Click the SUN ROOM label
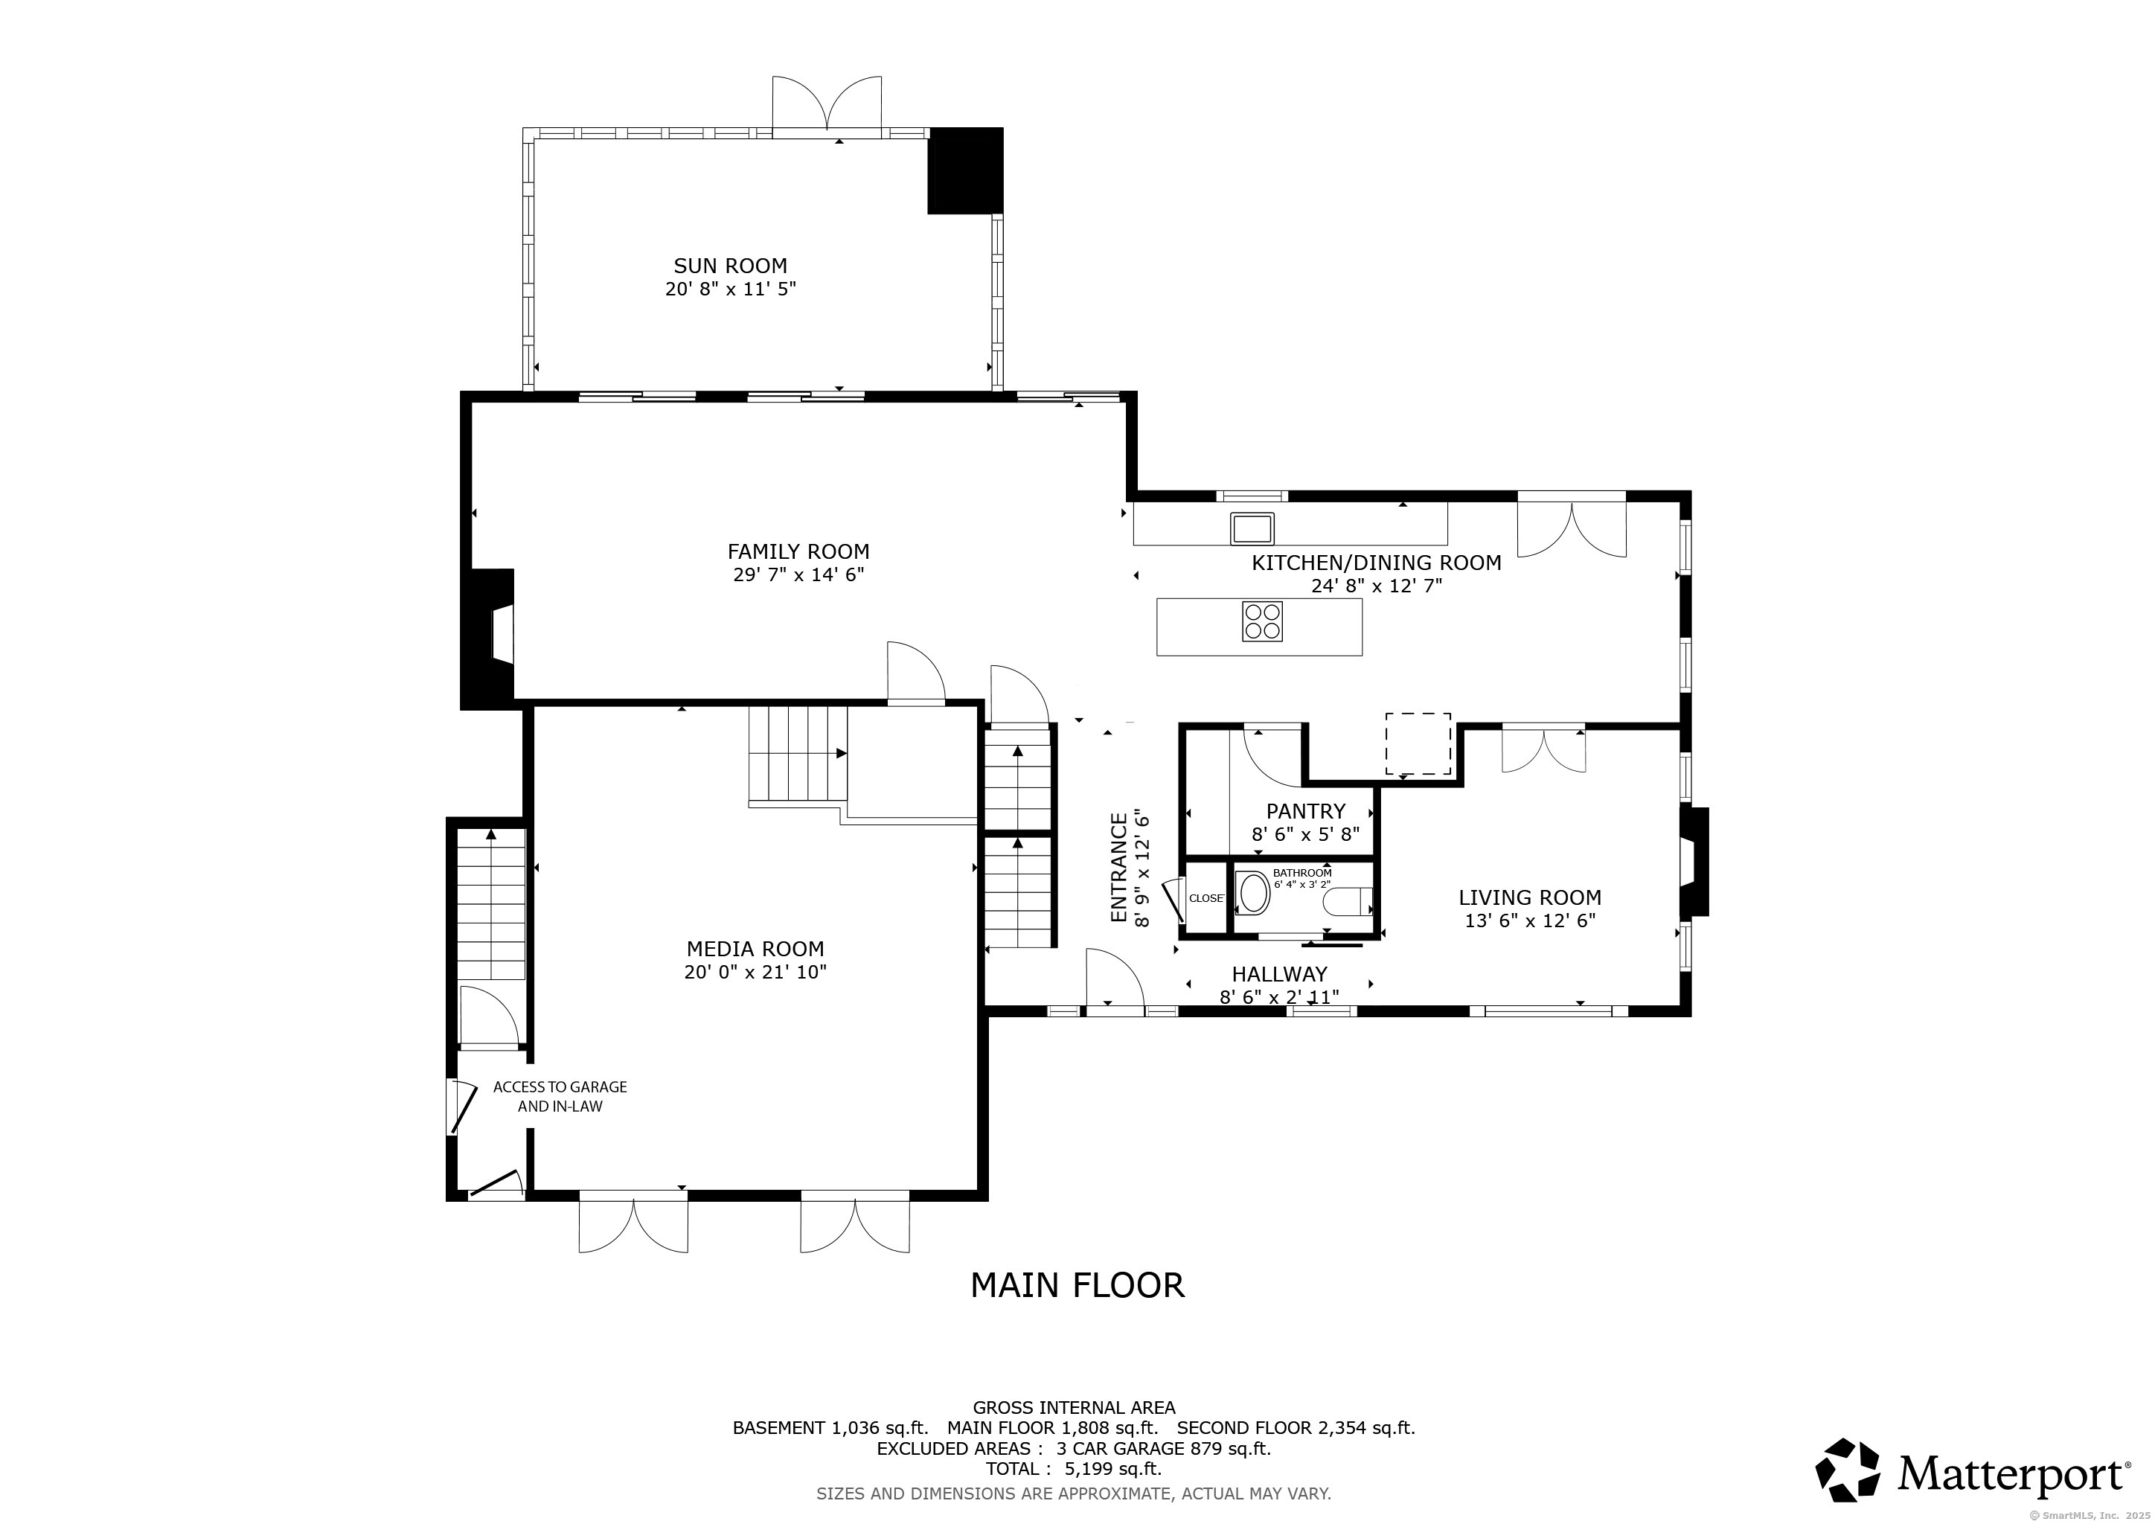coord(730,266)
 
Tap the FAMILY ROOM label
coord(798,552)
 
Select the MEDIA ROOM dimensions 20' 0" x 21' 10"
coord(755,972)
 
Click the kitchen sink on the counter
coord(1252,528)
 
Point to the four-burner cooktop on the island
coord(1262,621)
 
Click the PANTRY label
coord(1306,811)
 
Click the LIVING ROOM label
coord(1530,897)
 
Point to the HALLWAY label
coord(1279,974)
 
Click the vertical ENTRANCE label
coord(1118,868)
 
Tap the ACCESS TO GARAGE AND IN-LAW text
coord(560,1096)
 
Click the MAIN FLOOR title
coord(1077,1286)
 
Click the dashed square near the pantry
coord(1418,744)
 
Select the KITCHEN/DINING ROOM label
coord(1376,563)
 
